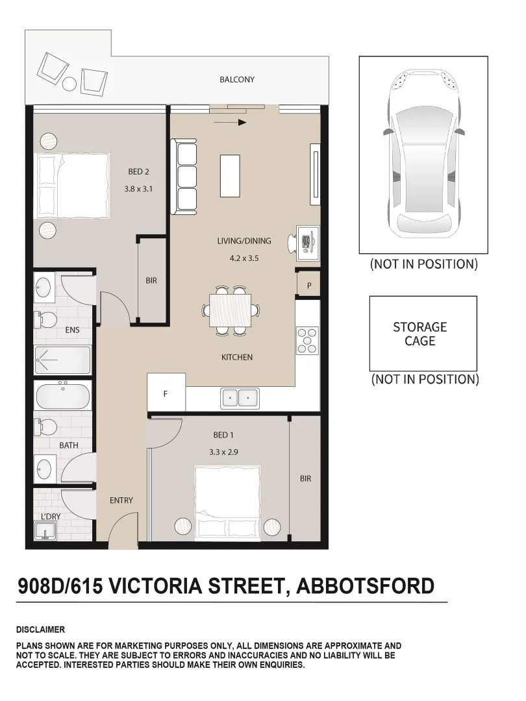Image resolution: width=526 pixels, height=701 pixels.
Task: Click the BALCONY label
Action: pos(237,80)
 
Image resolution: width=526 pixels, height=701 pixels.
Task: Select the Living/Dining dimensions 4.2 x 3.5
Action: pos(244,258)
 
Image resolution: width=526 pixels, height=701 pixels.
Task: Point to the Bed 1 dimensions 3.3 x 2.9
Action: pos(224,452)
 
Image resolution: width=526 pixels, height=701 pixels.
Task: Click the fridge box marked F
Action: pos(166,393)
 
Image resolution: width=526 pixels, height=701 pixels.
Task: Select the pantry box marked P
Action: pos(308,285)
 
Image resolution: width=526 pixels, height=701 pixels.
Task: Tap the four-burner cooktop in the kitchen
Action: pos(308,340)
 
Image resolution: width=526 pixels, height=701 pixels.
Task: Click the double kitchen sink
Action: pos(240,397)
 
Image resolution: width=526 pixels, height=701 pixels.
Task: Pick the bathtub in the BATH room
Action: pos(62,396)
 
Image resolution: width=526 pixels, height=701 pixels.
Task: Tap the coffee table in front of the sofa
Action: pos(231,175)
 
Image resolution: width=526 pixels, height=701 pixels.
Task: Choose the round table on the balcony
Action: pos(69,84)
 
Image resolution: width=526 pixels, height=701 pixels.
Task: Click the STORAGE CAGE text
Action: pos(420,334)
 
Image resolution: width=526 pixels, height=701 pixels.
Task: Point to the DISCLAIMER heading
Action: pos(40,630)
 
